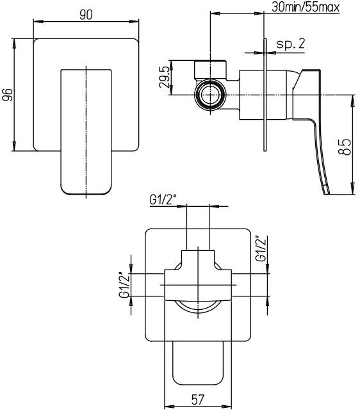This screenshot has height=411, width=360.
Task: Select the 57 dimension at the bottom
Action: point(198,400)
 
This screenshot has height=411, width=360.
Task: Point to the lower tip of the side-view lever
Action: point(326,189)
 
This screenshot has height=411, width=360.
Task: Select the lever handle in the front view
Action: point(86,131)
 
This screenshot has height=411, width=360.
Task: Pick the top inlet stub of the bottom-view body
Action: point(198,259)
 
